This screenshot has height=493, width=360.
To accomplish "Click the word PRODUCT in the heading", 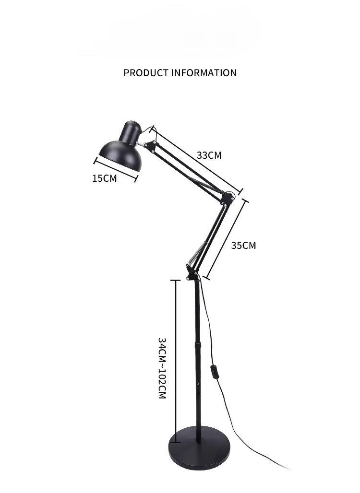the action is point(146,73).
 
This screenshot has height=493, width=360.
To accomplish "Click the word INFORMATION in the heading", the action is point(204,73).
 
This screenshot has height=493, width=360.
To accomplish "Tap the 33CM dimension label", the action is point(209,155).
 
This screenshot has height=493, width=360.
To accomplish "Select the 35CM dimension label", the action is point(243,245).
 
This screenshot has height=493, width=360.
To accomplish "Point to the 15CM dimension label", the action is point(105,178).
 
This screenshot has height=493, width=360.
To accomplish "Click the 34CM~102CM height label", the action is point(162,368).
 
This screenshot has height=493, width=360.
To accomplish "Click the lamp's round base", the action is point(199,448).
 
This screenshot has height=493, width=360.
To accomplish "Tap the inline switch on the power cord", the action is point(214,372).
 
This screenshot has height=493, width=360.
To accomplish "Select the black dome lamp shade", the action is point(120,155).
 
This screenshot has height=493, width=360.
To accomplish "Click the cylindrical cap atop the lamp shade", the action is point(130,131).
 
